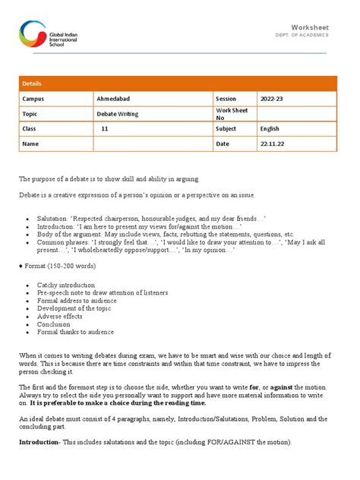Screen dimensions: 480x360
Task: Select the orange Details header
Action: [x=33, y=84]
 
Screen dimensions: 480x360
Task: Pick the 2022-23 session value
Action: [x=273, y=99]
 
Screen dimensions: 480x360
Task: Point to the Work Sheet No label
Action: [x=232, y=113]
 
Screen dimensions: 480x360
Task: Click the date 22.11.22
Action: [x=273, y=143]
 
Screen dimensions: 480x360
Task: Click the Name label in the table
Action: [x=30, y=143]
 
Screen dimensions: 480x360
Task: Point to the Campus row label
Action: [x=33, y=99]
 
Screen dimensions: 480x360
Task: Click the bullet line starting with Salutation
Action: [x=152, y=216]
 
